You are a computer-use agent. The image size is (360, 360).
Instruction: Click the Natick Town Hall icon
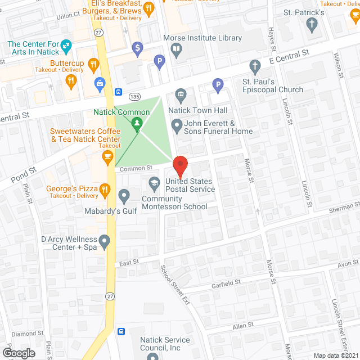[x=181, y=94]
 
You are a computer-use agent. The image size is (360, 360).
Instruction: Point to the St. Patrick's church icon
[x=312, y=24]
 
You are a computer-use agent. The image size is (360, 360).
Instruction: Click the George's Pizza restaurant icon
[x=105, y=191]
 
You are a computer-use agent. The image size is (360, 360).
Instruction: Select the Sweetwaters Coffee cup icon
[x=108, y=156]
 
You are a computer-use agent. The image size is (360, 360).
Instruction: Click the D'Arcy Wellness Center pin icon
[x=105, y=242]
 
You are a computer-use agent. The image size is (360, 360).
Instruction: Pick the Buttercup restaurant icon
[x=71, y=82]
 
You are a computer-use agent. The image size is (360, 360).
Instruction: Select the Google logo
[x=19, y=353]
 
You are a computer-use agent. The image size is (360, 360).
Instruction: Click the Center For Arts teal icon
[x=66, y=44]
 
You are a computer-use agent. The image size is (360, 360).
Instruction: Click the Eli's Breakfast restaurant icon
[x=148, y=8]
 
